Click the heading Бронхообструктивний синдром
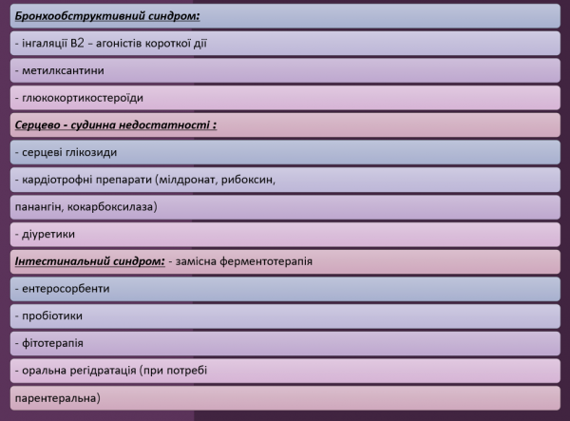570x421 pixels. coord(111,17)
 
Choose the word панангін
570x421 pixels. coord(43,205)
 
